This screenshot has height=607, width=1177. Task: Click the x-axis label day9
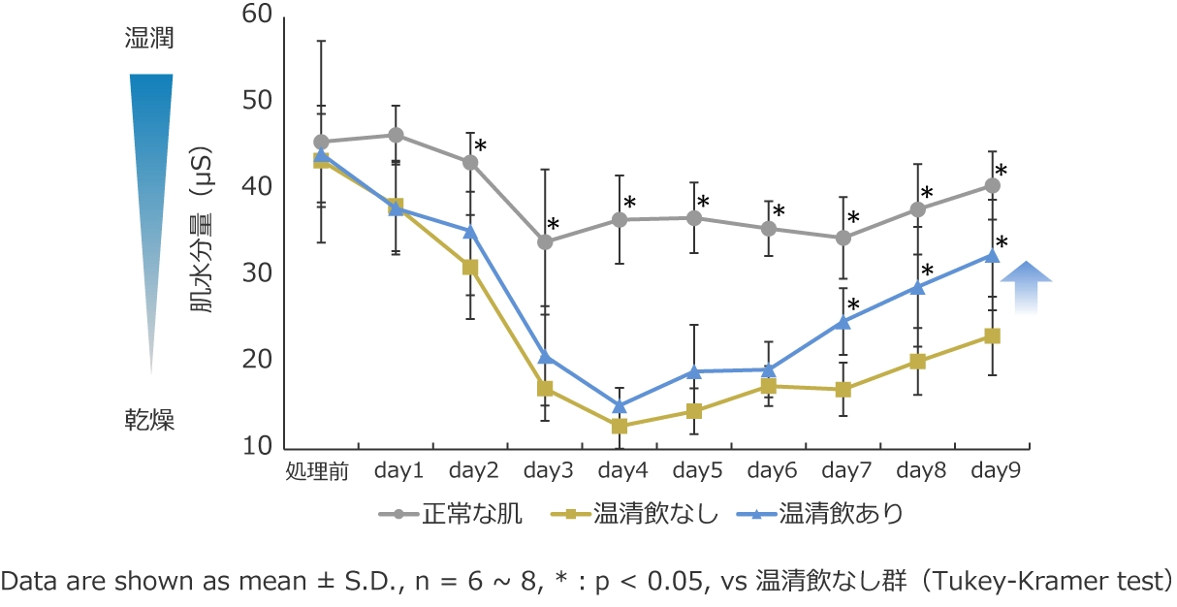click(993, 471)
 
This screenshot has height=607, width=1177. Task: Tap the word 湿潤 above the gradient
click(150, 40)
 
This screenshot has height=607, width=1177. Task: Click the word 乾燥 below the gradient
click(150, 420)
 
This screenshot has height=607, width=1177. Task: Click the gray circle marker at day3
click(545, 241)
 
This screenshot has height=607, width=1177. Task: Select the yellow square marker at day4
click(620, 427)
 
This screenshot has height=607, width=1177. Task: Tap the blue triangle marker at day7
click(843, 321)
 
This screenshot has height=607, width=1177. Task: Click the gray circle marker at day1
click(396, 135)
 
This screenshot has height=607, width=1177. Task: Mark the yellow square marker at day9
click(993, 335)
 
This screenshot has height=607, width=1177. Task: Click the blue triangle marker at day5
click(694, 370)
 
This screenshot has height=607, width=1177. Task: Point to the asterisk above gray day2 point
click(480, 145)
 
